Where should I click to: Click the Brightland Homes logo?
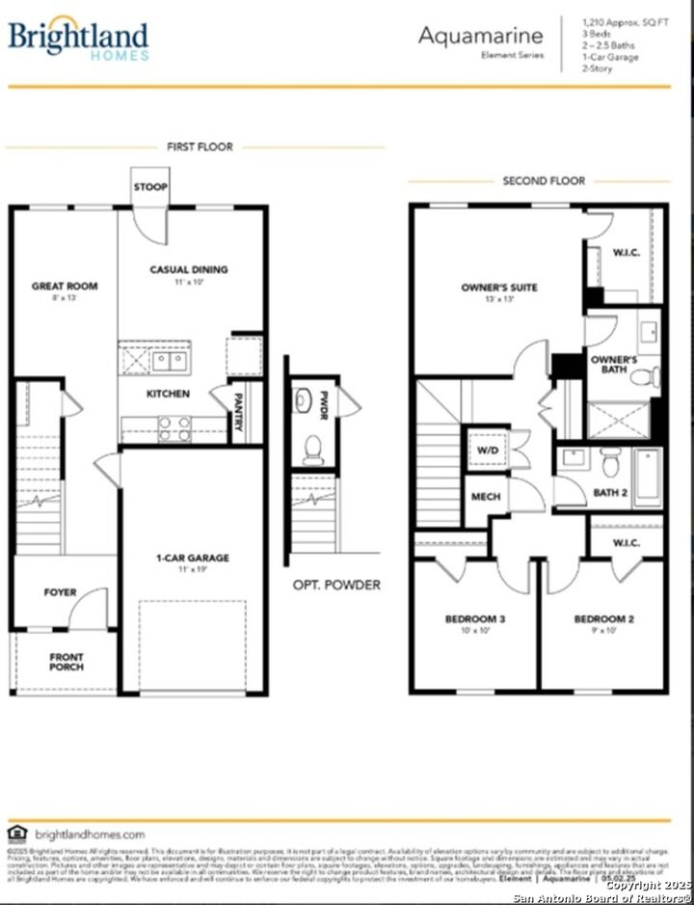pos(79,40)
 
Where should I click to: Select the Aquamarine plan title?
pos(480,37)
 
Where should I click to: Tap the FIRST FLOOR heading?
pos(200,147)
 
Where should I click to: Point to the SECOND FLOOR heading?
pos(544,180)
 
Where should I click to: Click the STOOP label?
pos(150,186)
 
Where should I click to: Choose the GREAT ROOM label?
pos(65,286)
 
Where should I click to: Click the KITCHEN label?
pos(168,394)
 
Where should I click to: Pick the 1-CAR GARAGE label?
pos(193,558)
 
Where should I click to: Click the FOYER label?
pos(60,592)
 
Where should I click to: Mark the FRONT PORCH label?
pos(67,661)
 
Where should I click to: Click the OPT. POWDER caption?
pos(336,585)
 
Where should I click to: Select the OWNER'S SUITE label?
pos(499,288)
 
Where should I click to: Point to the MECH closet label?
pos(486,497)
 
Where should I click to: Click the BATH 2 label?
pos(611,493)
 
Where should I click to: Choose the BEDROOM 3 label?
pos(475,618)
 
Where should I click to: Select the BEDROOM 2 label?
pos(603,618)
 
